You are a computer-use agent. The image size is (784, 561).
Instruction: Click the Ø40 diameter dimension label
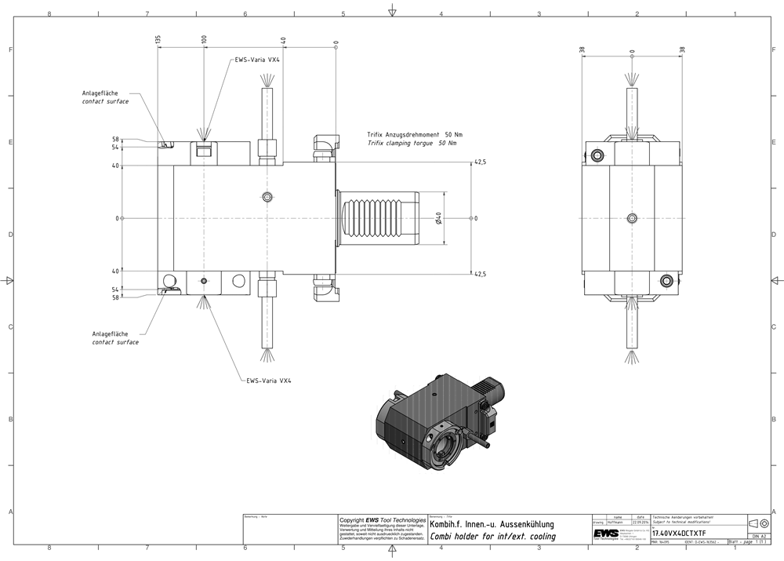click(439, 218)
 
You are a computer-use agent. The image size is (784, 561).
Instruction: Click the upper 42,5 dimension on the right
click(480, 162)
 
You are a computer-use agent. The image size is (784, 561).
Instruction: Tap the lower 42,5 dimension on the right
click(480, 274)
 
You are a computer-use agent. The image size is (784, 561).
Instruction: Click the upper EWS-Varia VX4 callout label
click(257, 60)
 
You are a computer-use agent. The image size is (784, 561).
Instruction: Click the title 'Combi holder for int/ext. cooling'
click(493, 537)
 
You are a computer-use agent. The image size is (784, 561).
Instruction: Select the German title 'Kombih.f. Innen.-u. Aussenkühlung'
click(492, 524)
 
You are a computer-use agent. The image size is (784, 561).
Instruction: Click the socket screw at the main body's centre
click(268, 196)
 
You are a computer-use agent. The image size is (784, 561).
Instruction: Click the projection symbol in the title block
click(758, 523)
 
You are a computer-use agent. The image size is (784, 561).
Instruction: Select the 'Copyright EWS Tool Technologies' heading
click(382, 519)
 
